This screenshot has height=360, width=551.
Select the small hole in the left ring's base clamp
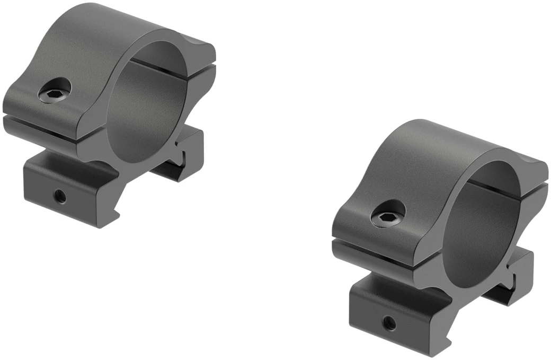click(x=60, y=197)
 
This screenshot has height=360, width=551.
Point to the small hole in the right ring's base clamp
click(x=390, y=321)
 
